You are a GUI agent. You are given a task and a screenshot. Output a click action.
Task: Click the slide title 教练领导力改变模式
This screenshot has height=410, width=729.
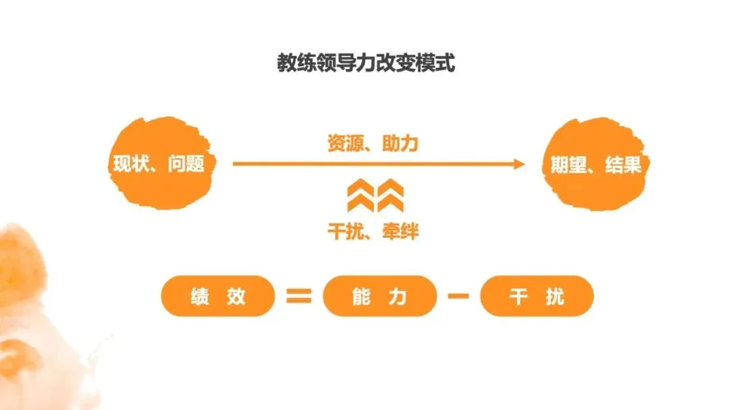(x=365, y=63)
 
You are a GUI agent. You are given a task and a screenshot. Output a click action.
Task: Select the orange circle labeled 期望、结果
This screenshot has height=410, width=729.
(x=592, y=164)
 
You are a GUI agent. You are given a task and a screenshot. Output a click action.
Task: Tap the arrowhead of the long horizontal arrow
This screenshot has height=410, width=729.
(x=518, y=163)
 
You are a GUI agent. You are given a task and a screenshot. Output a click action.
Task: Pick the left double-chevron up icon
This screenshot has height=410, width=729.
(x=359, y=197)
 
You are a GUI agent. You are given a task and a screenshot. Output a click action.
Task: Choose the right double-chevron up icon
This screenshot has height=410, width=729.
(x=390, y=197)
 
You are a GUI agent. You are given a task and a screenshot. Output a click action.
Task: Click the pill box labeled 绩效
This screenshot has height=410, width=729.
(x=218, y=296)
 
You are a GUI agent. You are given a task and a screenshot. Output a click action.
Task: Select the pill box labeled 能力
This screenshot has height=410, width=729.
(x=379, y=296)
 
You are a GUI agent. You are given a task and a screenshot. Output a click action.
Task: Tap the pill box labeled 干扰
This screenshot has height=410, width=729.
(x=537, y=296)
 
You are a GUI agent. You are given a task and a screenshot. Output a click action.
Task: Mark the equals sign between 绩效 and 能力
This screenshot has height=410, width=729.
(x=298, y=296)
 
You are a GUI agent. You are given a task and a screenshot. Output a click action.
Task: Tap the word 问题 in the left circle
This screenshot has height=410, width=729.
(x=186, y=163)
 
